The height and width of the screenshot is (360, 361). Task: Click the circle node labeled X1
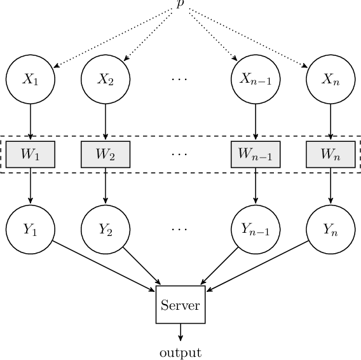tap(31, 80)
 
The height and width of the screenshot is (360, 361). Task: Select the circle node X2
tap(106, 80)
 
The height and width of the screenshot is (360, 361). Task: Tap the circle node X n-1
tap(255, 80)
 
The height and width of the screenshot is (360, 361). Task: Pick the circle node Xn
tap(330, 80)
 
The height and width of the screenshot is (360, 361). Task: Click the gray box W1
tap(31, 155)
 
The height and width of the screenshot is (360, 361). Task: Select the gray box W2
tap(106, 155)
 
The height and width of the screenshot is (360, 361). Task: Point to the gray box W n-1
tap(255, 155)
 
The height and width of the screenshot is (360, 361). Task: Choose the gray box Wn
tap(330, 155)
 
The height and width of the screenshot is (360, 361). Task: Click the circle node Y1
tap(31, 230)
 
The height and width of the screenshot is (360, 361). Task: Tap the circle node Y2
tap(106, 230)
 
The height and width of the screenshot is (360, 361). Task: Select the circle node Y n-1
tap(255, 230)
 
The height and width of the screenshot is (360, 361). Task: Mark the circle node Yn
tap(330, 230)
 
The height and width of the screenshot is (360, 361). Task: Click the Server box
tap(180, 305)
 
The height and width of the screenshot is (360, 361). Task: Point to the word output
tap(180, 352)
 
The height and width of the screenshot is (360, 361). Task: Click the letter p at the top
tap(180, 4)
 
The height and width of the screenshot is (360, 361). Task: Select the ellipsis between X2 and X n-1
tap(180, 80)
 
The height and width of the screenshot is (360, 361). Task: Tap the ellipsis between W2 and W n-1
tap(180, 155)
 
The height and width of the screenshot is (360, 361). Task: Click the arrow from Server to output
tap(180, 333)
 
